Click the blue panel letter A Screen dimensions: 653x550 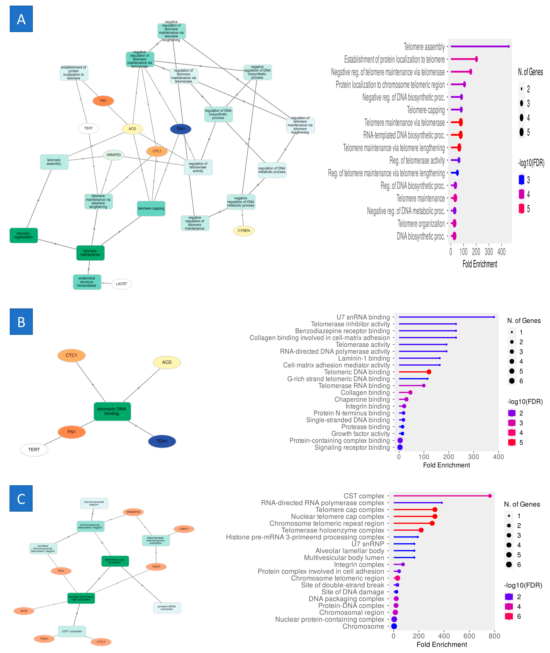[x=21, y=19]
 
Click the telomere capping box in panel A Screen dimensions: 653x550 [x=151, y=208]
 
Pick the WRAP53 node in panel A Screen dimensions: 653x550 [x=113, y=155]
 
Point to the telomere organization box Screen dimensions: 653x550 [x=23, y=235]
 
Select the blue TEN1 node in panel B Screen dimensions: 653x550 [x=162, y=441]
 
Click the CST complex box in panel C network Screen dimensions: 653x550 [x=72, y=631]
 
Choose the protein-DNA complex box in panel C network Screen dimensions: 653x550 [x=167, y=607]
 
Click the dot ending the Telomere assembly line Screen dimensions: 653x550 [x=508, y=47]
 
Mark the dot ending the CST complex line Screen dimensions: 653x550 [x=490, y=496]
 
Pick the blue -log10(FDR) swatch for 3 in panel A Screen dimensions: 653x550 [x=521, y=180]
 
